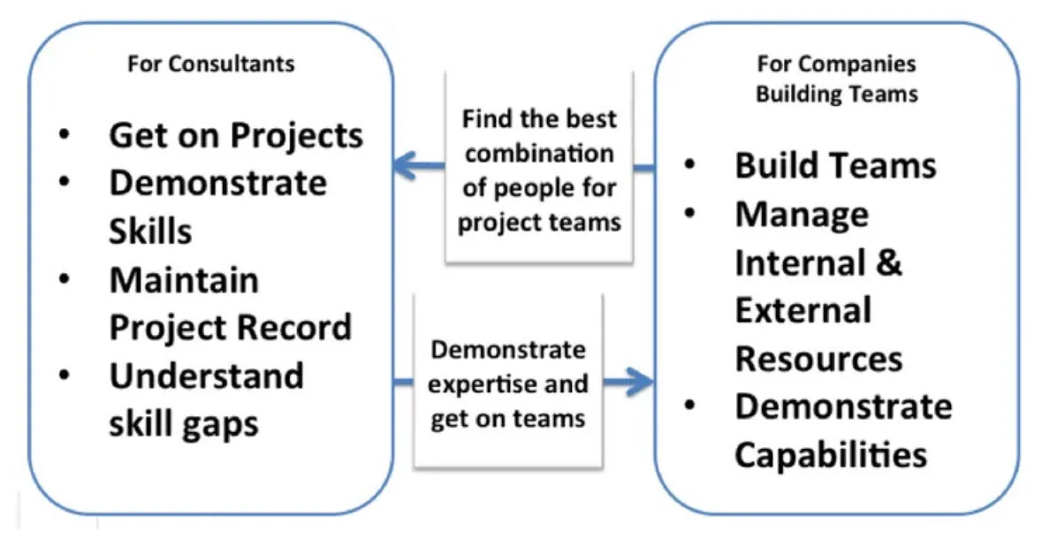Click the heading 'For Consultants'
(x=211, y=64)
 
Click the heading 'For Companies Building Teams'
(x=836, y=78)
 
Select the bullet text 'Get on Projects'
(x=236, y=135)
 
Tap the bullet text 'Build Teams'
(x=835, y=165)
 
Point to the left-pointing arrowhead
(x=405, y=163)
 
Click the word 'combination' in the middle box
(x=539, y=153)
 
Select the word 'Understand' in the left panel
(x=206, y=376)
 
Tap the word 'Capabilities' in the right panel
(x=831, y=455)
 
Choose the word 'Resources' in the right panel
(x=818, y=359)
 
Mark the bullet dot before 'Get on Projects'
(x=65, y=135)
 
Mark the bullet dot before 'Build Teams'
(x=689, y=165)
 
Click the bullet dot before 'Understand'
(x=65, y=376)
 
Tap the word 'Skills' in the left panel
(x=150, y=231)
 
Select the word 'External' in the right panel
(x=802, y=310)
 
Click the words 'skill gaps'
(x=184, y=423)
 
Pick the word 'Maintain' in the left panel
(x=184, y=279)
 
